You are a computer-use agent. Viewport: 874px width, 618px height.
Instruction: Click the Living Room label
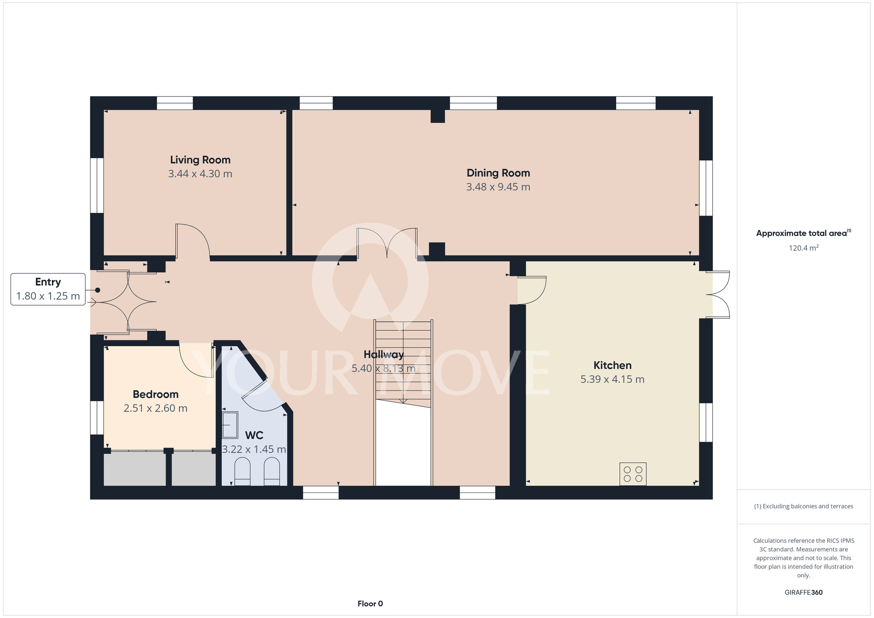tap(200, 160)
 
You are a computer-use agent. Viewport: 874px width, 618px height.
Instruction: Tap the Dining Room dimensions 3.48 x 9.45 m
tap(498, 187)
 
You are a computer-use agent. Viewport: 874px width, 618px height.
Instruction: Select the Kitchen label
tap(612, 365)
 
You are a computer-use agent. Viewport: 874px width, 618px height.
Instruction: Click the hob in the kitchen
tap(633, 474)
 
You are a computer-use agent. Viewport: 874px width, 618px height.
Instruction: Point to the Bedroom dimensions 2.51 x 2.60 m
tap(156, 408)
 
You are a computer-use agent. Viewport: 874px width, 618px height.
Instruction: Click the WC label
tap(254, 435)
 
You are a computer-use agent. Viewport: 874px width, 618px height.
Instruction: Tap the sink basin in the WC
tap(230, 425)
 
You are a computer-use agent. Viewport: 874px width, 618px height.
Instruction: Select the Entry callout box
tap(48, 289)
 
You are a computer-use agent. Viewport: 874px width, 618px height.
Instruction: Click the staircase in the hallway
tap(403, 363)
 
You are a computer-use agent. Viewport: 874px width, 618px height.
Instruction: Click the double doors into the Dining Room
tap(387, 243)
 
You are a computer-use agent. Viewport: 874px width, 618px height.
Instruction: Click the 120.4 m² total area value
tap(804, 248)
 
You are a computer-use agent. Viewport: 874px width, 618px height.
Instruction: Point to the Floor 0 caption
tap(370, 604)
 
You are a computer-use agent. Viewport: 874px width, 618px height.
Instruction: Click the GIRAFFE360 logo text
tap(804, 593)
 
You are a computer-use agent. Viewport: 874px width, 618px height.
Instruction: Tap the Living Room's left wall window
tap(97, 185)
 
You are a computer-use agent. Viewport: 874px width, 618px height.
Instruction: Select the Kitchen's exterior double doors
tap(718, 295)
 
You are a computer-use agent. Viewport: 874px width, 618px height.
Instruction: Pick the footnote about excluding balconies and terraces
tap(804, 506)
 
